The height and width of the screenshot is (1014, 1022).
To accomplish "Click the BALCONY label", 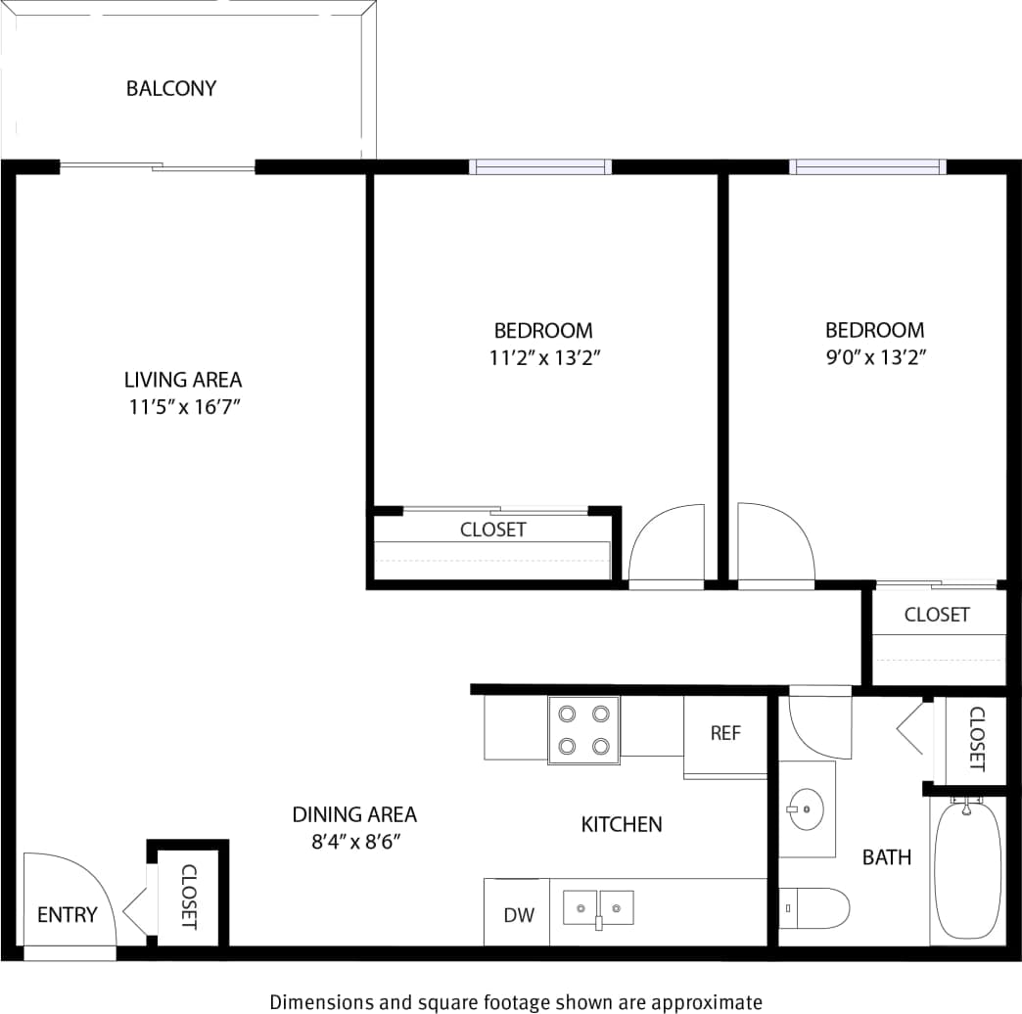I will click(171, 89).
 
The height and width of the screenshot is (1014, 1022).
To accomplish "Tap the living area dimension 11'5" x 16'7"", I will click(183, 407).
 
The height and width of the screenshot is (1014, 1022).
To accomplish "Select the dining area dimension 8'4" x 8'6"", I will click(354, 841).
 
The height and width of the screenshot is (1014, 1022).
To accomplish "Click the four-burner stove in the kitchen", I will click(583, 730).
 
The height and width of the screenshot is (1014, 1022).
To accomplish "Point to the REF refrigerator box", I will click(725, 733).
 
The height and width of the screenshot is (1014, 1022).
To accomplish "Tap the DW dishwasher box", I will click(519, 915).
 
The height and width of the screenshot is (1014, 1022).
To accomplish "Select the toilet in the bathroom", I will click(814, 908).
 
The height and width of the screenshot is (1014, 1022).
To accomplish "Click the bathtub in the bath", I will click(967, 869).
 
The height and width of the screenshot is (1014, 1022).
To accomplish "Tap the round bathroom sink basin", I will click(806, 809).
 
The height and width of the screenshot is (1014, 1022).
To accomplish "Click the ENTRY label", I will click(68, 915).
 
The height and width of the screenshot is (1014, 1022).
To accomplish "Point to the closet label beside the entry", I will click(189, 897).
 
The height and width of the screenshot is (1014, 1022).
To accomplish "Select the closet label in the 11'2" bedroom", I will click(493, 530).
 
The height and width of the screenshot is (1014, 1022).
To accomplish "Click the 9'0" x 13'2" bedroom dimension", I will click(875, 357).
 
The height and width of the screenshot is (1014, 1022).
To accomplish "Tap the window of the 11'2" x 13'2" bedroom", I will click(540, 167).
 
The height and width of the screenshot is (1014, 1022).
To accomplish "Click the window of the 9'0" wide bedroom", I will click(868, 167).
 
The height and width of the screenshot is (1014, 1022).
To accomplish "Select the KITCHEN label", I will click(622, 824).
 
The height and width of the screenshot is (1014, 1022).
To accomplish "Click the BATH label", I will click(886, 857).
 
